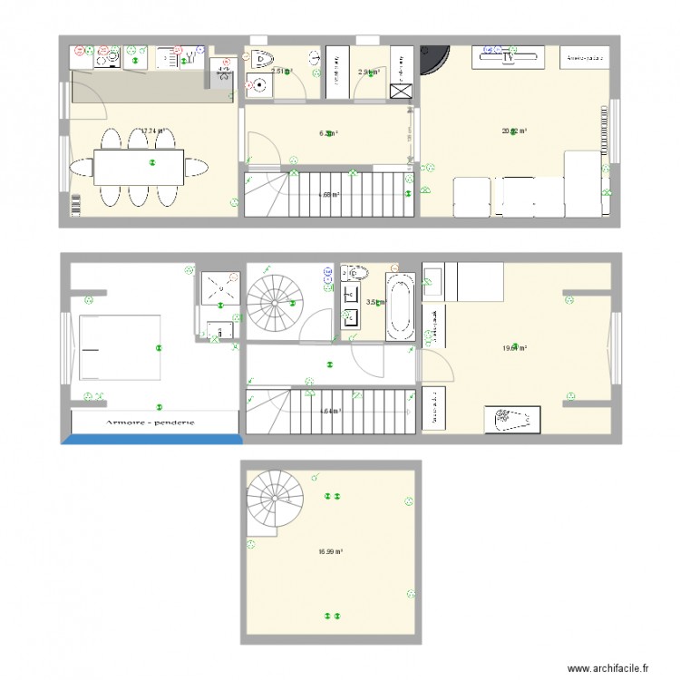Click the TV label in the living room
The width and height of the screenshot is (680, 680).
(x=510, y=57)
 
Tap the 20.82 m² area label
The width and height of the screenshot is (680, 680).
(x=515, y=131)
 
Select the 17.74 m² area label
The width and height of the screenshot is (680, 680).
(x=151, y=131)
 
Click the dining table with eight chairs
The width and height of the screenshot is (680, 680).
(x=138, y=166)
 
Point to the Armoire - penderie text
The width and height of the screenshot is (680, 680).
(x=150, y=423)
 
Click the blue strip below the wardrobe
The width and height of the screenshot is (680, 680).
(x=151, y=439)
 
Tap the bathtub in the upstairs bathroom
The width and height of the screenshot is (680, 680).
(x=400, y=309)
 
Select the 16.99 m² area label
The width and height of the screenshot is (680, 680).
(x=330, y=551)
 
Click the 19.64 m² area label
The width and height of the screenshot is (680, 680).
(x=515, y=347)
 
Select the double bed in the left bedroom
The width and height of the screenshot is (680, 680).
(x=121, y=347)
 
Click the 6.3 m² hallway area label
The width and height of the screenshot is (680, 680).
(x=328, y=133)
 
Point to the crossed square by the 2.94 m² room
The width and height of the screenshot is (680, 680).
(x=400, y=91)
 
